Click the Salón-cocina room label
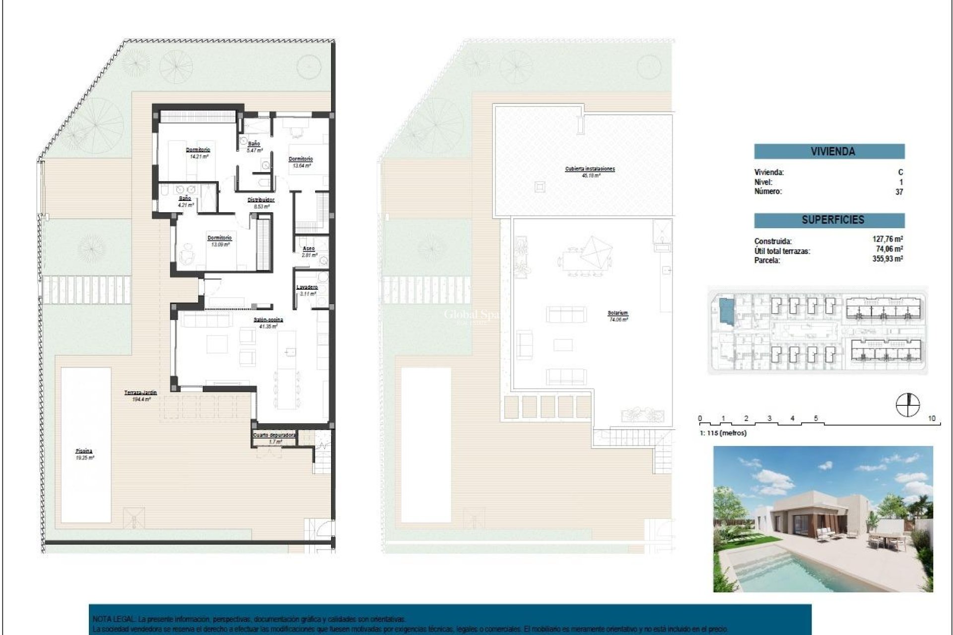pos(269,320)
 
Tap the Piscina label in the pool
pos(84,451)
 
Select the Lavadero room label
pos(307,287)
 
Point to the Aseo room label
pos(309,249)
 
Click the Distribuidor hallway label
pos(261,200)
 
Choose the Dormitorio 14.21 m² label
pos(198,150)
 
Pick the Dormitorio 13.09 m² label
pos(219,238)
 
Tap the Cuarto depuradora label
pos(274,435)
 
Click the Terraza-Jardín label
pos(140,393)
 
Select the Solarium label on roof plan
pos(617,314)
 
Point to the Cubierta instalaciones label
pos(590,169)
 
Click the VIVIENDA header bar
pos(829,151)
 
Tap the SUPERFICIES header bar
pos(829,220)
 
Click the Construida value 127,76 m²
pos(887,239)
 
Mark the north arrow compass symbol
pos(908,404)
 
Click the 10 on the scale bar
pos(931,419)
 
